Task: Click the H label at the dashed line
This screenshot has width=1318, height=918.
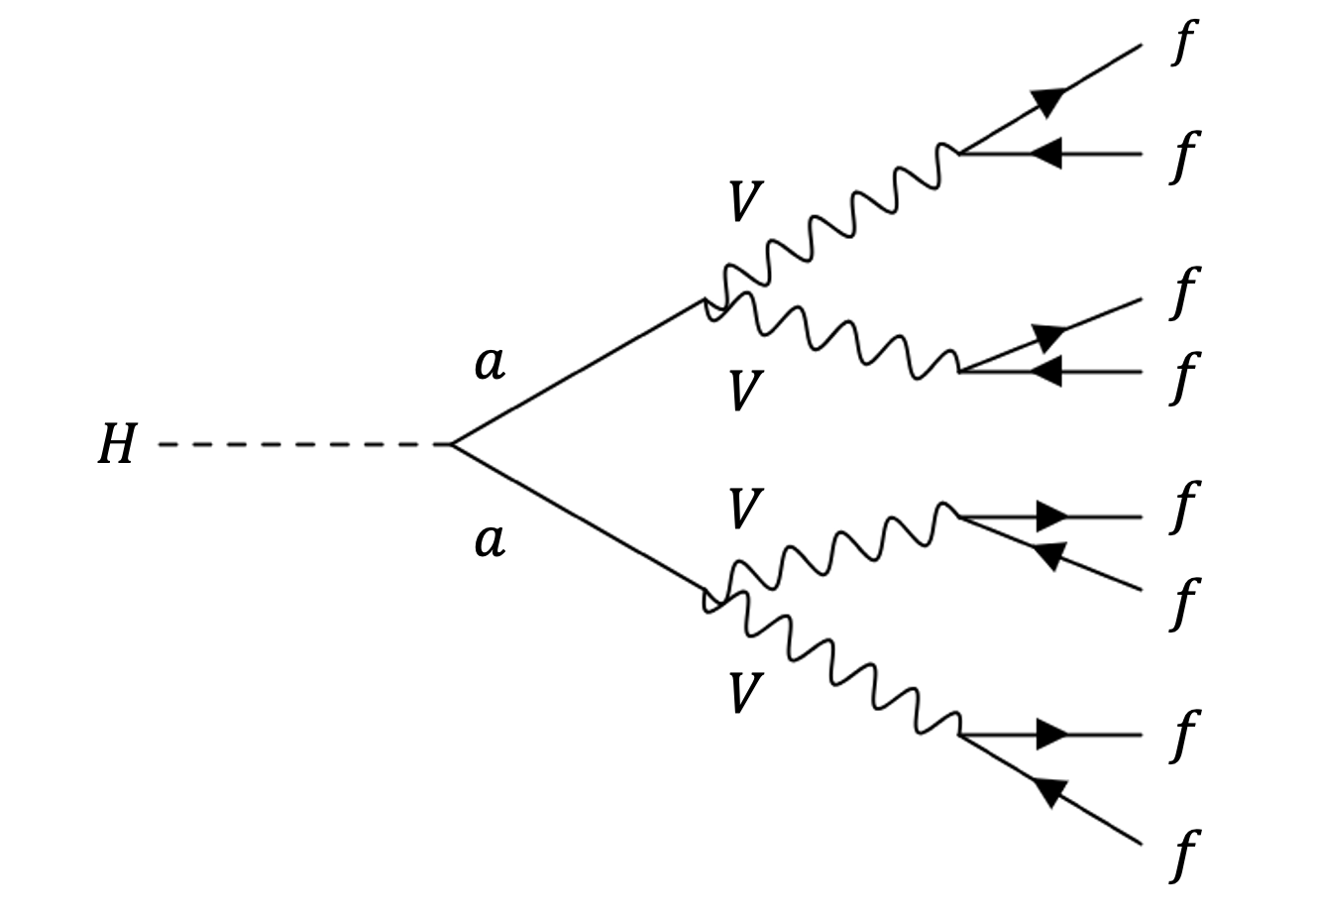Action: coord(116,445)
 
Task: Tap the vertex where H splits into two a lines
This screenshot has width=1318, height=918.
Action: coord(451,445)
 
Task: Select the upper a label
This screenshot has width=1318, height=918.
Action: coord(490,364)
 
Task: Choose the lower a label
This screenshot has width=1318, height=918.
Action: coord(490,541)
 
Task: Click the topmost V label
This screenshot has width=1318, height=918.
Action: coord(743,203)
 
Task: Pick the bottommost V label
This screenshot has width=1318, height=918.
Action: coord(743,693)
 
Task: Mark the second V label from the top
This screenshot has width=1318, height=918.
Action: coord(743,390)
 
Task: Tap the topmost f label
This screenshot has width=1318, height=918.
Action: coord(1182,44)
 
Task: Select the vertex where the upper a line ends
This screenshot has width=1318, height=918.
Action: coord(706,300)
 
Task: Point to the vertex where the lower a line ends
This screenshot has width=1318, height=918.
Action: coord(706,599)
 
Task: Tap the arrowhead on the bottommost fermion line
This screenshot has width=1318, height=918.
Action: coord(1049,791)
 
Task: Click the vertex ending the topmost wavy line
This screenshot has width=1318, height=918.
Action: coord(959,153)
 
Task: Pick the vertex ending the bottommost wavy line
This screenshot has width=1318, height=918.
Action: coord(959,736)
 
